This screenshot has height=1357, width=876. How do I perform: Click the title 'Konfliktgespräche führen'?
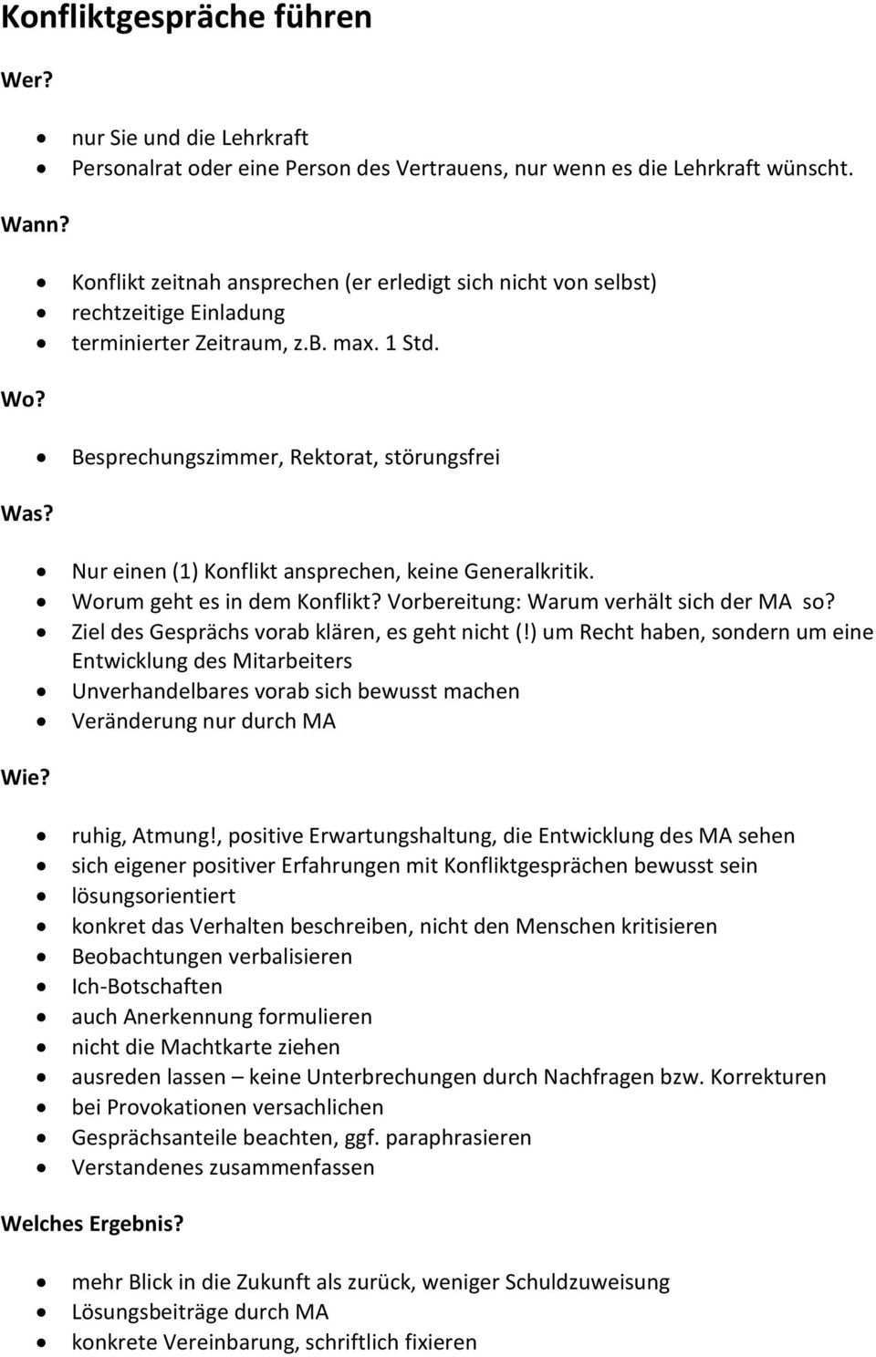click(x=186, y=18)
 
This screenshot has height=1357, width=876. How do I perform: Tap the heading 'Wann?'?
click(x=35, y=225)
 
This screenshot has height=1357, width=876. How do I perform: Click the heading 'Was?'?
click(x=27, y=514)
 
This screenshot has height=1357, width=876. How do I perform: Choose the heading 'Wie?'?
click(x=26, y=778)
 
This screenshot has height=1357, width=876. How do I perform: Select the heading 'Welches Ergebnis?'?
click(x=92, y=1224)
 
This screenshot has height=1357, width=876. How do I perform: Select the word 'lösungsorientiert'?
click(x=153, y=896)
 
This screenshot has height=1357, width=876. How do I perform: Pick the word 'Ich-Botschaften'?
click(x=147, y=986)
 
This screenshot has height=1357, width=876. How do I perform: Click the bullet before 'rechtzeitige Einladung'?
click(x=42, y=314)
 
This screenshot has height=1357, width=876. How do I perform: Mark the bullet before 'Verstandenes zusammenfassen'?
click(x=42, y=1168)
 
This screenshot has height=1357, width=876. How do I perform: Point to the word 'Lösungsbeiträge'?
click(x=150, y=1312)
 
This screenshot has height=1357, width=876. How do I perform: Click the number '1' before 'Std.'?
click(x=391, y=344)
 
